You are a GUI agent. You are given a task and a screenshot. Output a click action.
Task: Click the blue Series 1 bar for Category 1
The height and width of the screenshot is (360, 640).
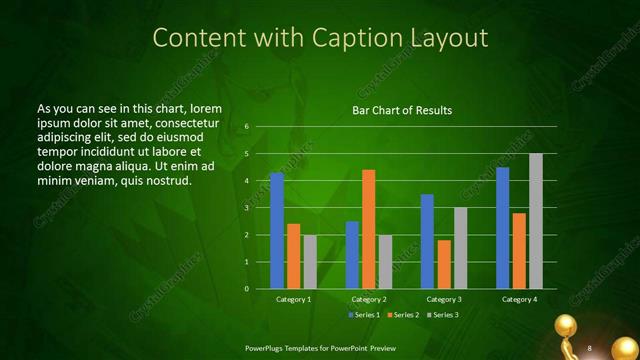click(277, 231)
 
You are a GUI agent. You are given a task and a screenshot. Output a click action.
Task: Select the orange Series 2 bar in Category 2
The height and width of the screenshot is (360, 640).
click(368, 229)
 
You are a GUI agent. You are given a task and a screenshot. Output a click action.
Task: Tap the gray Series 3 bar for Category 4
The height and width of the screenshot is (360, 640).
click(536, 221)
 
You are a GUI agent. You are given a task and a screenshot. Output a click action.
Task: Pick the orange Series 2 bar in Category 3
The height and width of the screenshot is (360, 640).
click(444, 264)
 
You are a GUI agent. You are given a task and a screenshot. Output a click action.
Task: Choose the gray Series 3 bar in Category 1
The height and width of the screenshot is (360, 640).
click(310, 262)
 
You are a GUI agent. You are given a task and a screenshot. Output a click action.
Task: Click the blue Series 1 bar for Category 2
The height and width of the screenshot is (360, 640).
click(352, 255)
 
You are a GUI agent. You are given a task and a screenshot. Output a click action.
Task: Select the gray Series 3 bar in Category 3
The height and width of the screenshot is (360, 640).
click(460, 248)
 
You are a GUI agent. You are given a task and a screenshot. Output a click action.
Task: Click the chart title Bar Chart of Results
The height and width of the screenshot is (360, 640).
click(402, 110)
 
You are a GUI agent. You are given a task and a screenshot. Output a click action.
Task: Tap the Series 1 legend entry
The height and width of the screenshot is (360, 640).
click(364, 315)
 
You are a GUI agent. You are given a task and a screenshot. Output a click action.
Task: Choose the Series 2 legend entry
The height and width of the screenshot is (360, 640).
click(402, 315)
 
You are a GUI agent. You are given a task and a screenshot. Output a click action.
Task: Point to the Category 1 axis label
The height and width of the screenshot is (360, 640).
click(293, 299)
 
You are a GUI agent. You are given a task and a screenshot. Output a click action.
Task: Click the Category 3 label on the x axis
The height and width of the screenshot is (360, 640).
click(443, 299)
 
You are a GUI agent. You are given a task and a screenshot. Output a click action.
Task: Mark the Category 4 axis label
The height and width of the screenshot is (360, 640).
click(519, 299)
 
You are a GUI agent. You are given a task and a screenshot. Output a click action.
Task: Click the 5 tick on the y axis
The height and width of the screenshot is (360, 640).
click(247, 154)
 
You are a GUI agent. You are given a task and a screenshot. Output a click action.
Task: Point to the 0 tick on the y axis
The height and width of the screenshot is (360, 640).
click(247, 289)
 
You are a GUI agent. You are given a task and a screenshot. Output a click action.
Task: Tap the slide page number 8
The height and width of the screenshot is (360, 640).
click(590, 347)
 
